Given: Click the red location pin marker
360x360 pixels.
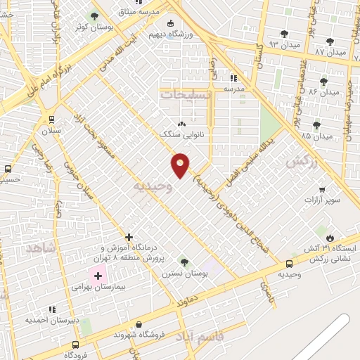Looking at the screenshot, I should (181, 165).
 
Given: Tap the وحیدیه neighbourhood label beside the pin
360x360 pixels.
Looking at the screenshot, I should (151, 186).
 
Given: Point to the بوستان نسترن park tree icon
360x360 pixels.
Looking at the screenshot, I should (184, 261).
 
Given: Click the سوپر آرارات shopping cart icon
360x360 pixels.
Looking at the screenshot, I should (322, 189).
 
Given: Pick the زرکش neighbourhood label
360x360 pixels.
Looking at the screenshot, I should (299, 160).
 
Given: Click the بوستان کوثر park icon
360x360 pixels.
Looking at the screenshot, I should (94, 15).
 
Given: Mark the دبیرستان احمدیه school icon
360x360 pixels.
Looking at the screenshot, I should (52, 309).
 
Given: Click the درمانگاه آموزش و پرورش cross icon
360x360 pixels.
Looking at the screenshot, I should (129, 237).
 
